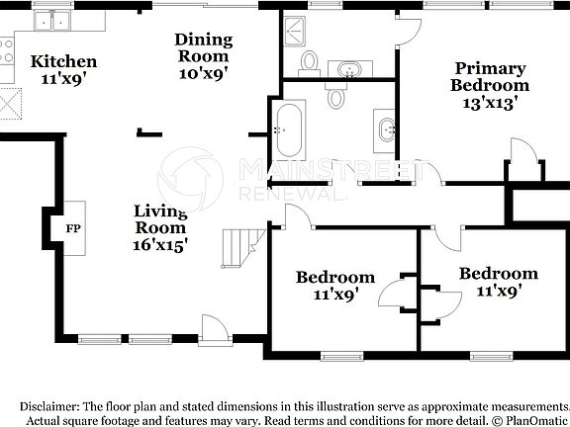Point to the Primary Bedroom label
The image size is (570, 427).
coord(490,76)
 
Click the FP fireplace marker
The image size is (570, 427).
coord(72,228)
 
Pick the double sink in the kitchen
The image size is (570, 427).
coord(53,19)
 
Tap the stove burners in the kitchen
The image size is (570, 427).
coord(6,49)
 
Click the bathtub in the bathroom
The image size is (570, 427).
coord(289,128)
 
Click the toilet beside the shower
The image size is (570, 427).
coord(309,62)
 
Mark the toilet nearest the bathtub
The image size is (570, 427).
coord(336,96)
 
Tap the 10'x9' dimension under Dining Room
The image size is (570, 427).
coord(204,72)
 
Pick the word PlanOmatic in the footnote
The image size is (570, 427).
coord(532,421)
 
